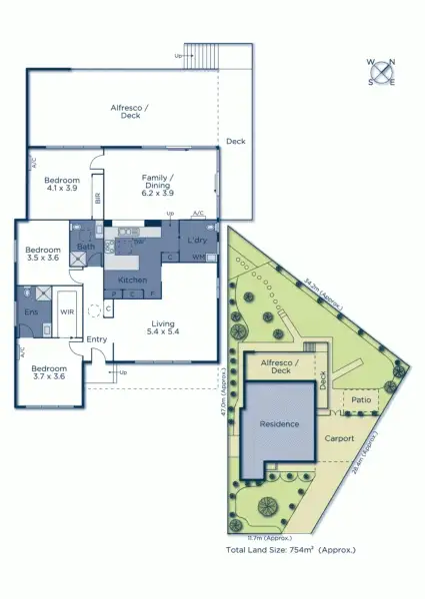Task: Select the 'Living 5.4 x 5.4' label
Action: point(163,328)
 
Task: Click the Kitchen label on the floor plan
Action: point(133,281)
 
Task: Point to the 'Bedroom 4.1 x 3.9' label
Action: point(63,184)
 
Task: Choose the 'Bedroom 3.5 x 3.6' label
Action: point(42,255)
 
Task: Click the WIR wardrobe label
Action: point(68,312)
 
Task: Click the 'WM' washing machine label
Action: point(198,258)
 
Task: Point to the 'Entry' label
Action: point(97,339)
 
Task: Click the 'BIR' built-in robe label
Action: point(98,199)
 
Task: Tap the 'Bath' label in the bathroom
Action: point(86,247)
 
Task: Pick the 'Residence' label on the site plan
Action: point(279,424)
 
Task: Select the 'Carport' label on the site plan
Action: point(339,438)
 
